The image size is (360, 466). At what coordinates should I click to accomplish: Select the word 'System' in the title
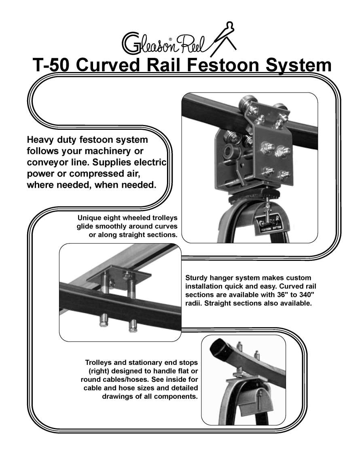[297, 66]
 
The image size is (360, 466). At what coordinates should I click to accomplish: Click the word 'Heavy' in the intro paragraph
[42, 140]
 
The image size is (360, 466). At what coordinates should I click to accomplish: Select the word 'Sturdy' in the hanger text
[198, 278]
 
